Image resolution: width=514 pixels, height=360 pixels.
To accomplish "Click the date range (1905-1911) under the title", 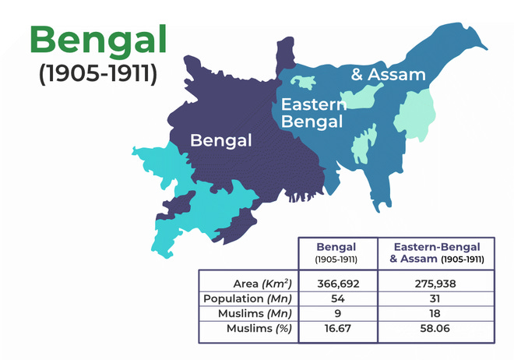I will (98, 75).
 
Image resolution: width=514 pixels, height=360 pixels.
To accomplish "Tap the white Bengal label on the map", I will (222, 141).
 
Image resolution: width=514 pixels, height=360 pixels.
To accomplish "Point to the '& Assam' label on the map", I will (389, 75).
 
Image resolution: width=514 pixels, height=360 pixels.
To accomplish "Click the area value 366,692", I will (337, 284).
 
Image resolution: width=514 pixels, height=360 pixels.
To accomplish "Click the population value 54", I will (337, 299).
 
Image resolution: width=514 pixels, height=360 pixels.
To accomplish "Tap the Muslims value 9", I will (337, 314).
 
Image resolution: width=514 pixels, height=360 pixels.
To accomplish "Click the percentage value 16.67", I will (337, 330).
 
